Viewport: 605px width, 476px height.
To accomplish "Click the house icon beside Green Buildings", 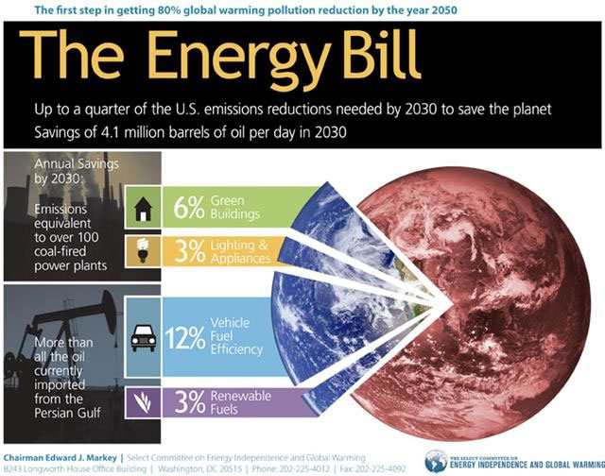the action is pos(143,209).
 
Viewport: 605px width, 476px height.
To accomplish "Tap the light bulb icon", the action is pos(143,250).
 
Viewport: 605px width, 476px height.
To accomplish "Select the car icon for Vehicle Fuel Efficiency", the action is pos(143,338).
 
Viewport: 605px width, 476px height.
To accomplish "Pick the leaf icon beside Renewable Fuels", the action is pos(143,402).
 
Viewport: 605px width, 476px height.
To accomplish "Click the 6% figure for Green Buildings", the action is pos(189,208).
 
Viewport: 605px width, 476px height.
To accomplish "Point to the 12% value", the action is pos(185,338).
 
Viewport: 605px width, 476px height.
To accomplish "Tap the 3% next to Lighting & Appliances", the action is pos(189,251).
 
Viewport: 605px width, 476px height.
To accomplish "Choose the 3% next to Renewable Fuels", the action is pos(189,401).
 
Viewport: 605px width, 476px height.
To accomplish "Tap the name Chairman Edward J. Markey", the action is pos(60,458).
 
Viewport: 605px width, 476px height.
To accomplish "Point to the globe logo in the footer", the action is pos(436,461).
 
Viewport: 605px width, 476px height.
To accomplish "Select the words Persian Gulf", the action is pos(67,413).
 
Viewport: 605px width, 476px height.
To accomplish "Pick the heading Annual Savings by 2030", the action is pos(77,171).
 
